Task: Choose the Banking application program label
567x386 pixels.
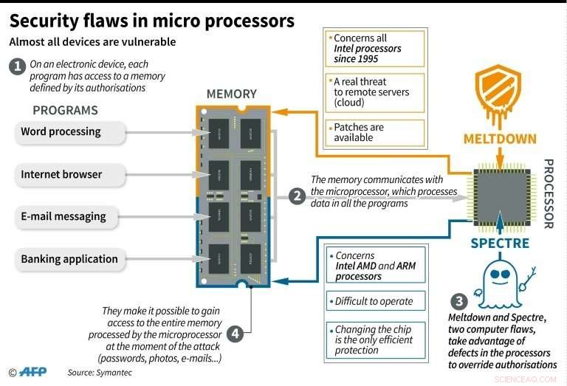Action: click(x=68, y=259)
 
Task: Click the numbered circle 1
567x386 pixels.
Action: click(x=16, y=66)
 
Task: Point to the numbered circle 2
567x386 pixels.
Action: click(x=297, y=196)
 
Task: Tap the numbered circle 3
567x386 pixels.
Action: click(x=458, y=301)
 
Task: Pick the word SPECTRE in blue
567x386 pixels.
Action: click(x=500, y=242)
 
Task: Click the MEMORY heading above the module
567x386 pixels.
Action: click(x=231, y=94)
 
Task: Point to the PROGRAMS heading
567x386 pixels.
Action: click(x=65, y=111)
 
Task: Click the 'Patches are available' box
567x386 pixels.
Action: click(x=375, y=132)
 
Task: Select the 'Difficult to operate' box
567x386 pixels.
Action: click(x=375, y=301)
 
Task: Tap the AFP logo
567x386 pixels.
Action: click(x=33, y=373)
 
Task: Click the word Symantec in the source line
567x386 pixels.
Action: click(x=114, y=373)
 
